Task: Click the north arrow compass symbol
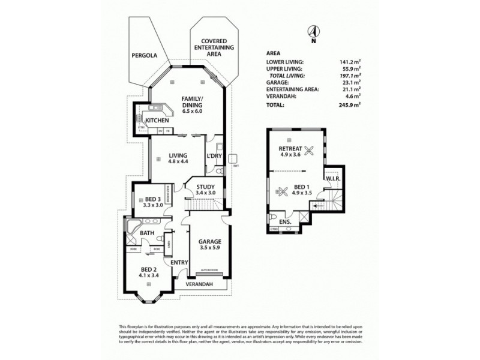[313, 32]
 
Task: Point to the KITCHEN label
[155, 120]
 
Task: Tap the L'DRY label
[214, 156]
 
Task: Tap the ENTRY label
[179, 262]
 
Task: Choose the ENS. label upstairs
[285, 222]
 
